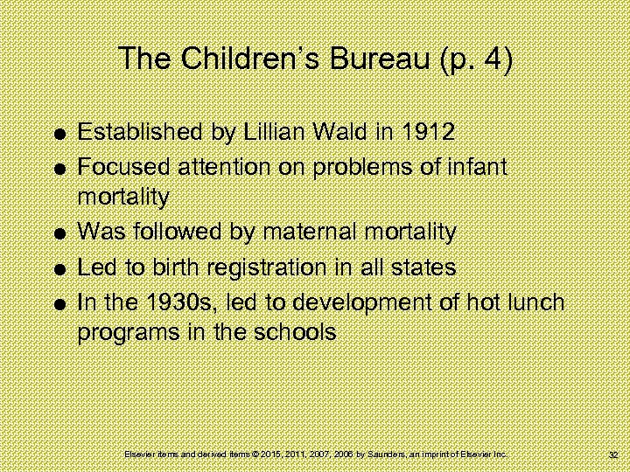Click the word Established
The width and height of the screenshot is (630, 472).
coord(136,133)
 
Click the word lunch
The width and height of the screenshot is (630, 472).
coord(536,302)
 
